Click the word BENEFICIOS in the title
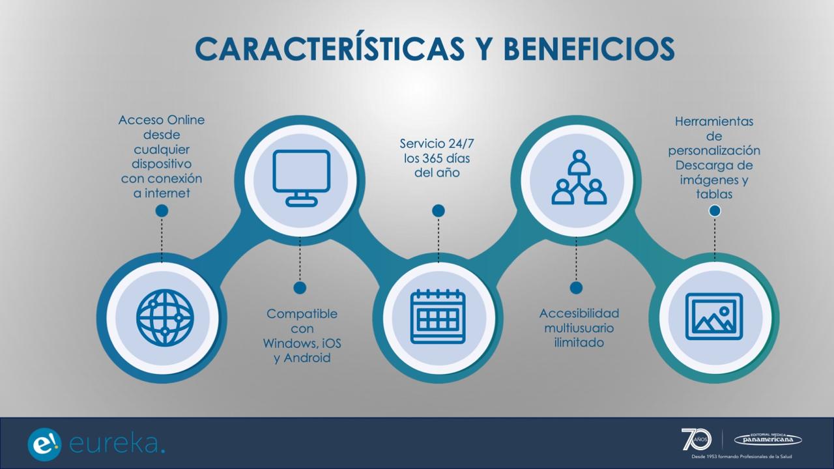point(589,49)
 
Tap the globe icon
point(165,318)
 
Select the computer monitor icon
point(301,178)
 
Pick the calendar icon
point(438,317)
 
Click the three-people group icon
point(579,177)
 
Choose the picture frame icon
point(713,317)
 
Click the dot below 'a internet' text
point(162,211)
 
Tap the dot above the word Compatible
point(300,288)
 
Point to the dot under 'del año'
point(439,210)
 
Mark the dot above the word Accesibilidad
point(576,288)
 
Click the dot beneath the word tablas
point(714,211)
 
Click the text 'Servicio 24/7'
point(437,143)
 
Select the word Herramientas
point(713,121)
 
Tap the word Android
point(307,358)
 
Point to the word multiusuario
point(579,328)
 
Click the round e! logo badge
point(44,444)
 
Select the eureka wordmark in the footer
point(117,444)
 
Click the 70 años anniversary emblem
point(697,439)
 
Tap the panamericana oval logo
point(768,439)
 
